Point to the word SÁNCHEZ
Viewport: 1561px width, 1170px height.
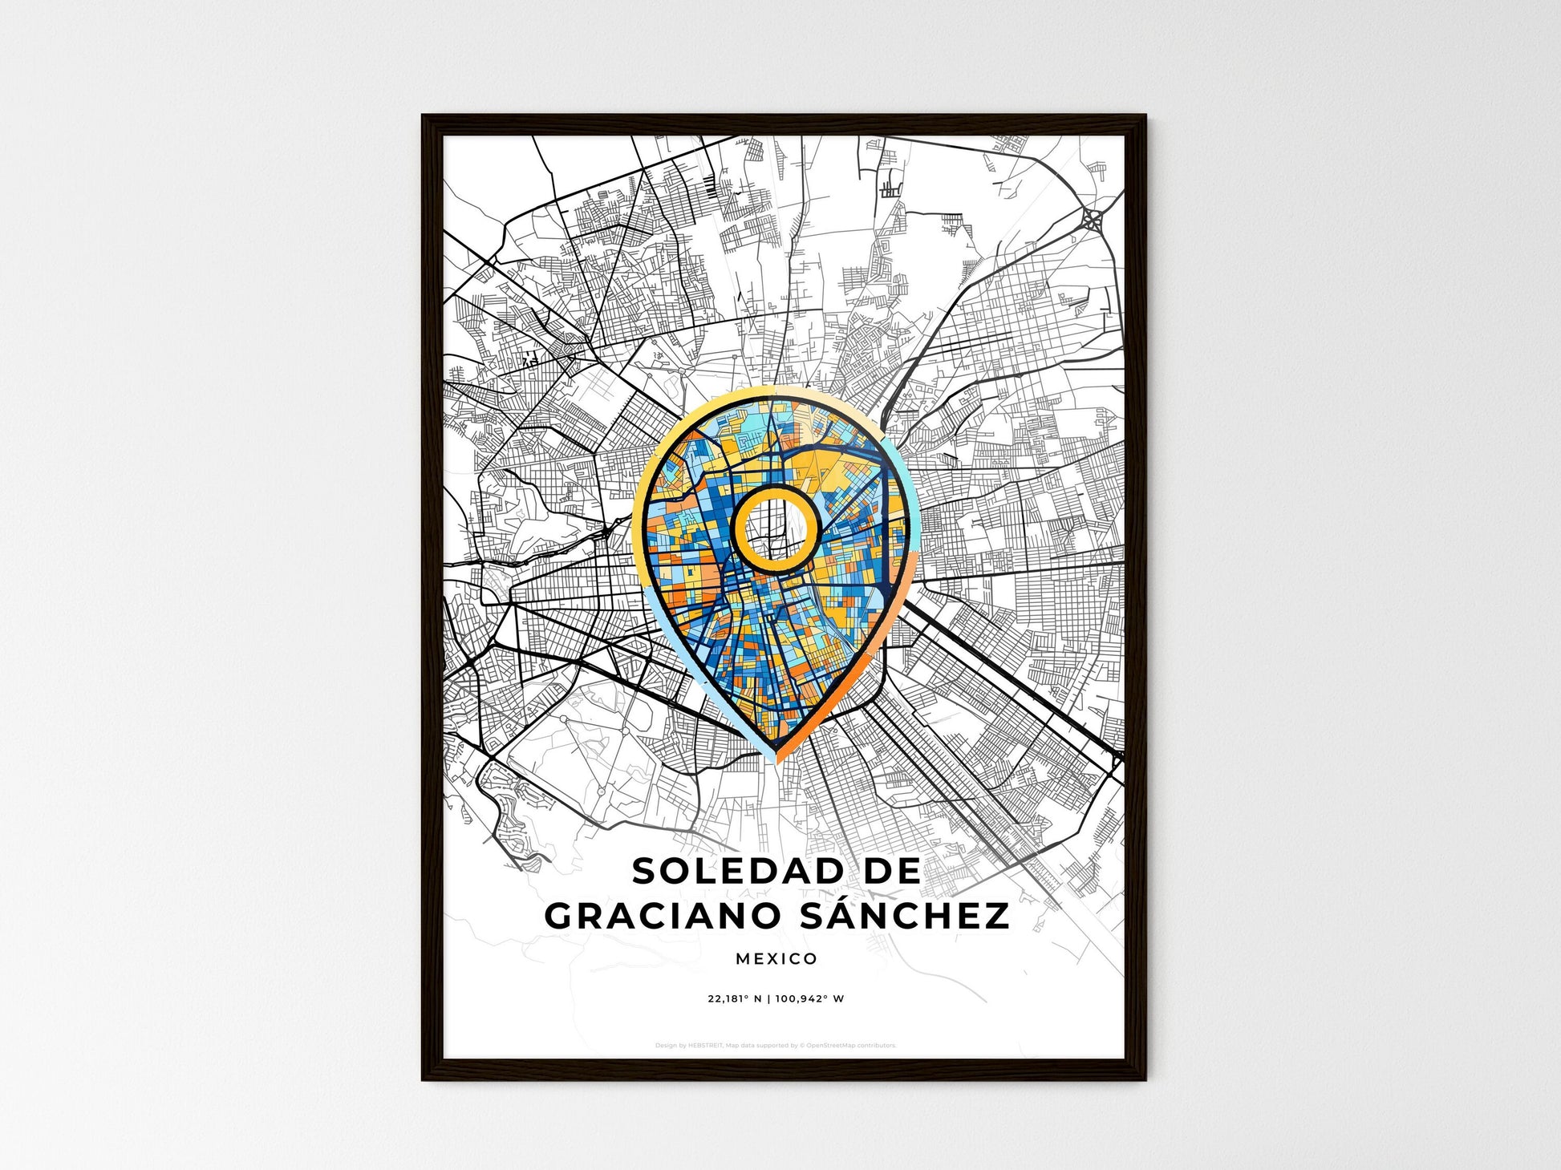click(906, 915)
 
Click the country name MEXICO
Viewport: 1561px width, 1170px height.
click(776, 958)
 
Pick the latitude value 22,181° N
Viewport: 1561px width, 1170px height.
click(735, 999)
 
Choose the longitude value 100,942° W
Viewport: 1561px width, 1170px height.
click(811, 999)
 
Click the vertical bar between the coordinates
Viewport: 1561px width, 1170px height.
click(768, 999)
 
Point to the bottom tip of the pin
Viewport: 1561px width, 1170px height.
click(776, 762)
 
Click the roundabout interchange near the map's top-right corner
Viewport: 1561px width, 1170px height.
click(1092, 217)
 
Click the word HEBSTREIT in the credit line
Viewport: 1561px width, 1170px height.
click(706, 1046)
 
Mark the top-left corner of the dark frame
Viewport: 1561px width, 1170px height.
click(424, 116)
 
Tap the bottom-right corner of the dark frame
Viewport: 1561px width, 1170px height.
click(1145, 1079)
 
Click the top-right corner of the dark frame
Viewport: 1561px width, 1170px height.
click(1145, 116)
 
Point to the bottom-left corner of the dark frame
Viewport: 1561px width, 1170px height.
click(424, 1079)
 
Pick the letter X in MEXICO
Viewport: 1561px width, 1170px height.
click(773, 958)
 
